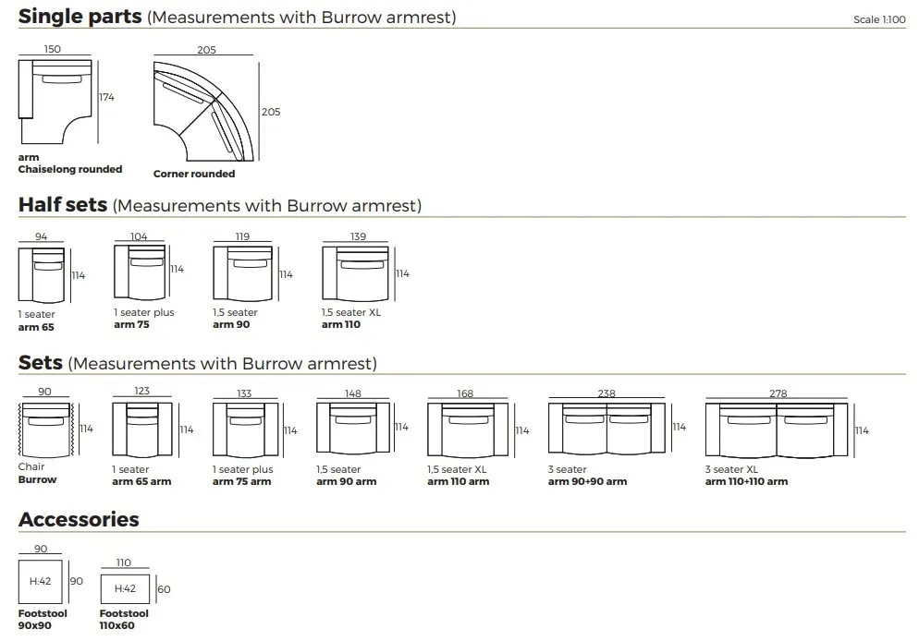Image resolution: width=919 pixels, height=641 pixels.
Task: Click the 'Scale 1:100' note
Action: (x=879, y=19)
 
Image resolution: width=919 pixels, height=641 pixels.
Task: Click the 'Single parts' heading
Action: (x=80, y=17)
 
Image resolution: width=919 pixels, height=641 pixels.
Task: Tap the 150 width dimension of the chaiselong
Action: (x=53, y=49)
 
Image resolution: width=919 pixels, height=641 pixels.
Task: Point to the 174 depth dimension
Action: (x=107, y=97)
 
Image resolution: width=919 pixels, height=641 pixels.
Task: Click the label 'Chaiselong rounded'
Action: (x=70, y=170)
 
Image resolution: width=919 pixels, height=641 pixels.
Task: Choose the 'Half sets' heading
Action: (x=63, y=205)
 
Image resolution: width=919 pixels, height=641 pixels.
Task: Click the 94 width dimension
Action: (x=42, y=236)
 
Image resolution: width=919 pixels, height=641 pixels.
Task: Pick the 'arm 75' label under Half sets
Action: (x=131, y=324)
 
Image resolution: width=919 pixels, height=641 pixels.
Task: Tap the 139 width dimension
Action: (x=358, y=236)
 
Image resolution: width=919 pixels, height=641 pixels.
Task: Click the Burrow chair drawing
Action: (x=45, y=429)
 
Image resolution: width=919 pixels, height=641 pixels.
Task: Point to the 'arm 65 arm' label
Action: (x=141, y=481)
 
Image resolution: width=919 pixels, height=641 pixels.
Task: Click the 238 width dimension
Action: (x=607, y=393)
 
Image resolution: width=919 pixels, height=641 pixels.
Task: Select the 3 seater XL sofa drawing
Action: (x=778, y=430)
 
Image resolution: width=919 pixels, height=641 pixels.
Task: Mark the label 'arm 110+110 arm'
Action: (x=746, y=481)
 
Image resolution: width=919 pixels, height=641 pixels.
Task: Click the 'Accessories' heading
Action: (x=79, y=519)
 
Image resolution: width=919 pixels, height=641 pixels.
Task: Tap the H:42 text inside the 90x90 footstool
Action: (x=41, y=582)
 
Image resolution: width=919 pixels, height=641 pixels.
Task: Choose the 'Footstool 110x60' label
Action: (x=124, y=620)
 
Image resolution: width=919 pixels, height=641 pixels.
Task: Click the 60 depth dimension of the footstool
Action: (x=165, y=589)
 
